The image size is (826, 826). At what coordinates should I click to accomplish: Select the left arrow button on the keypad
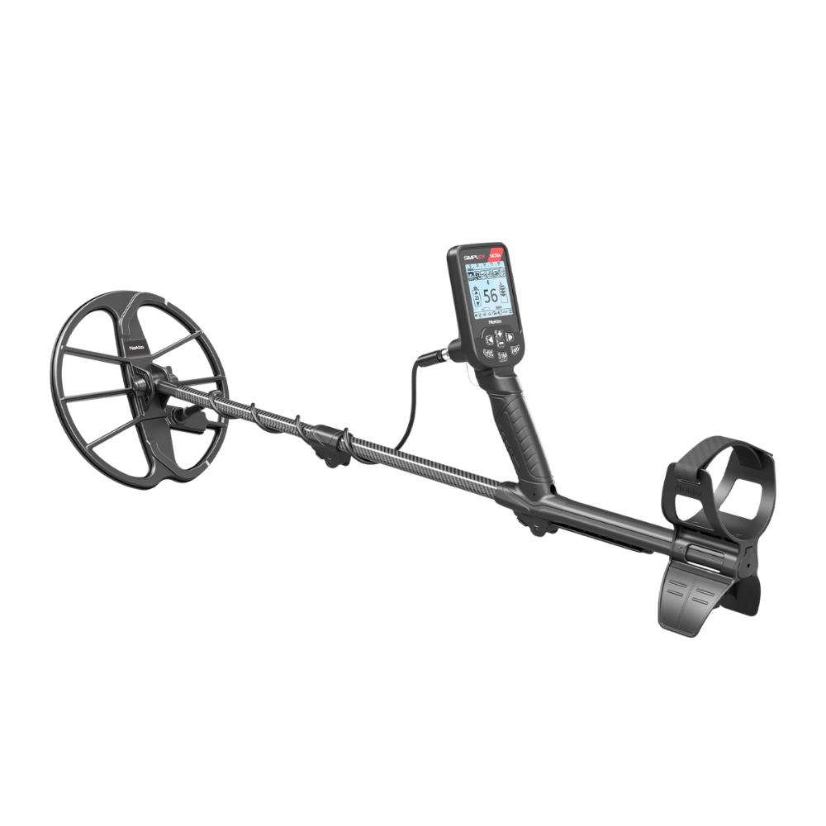pyautogui.click(x=488, y=338)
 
